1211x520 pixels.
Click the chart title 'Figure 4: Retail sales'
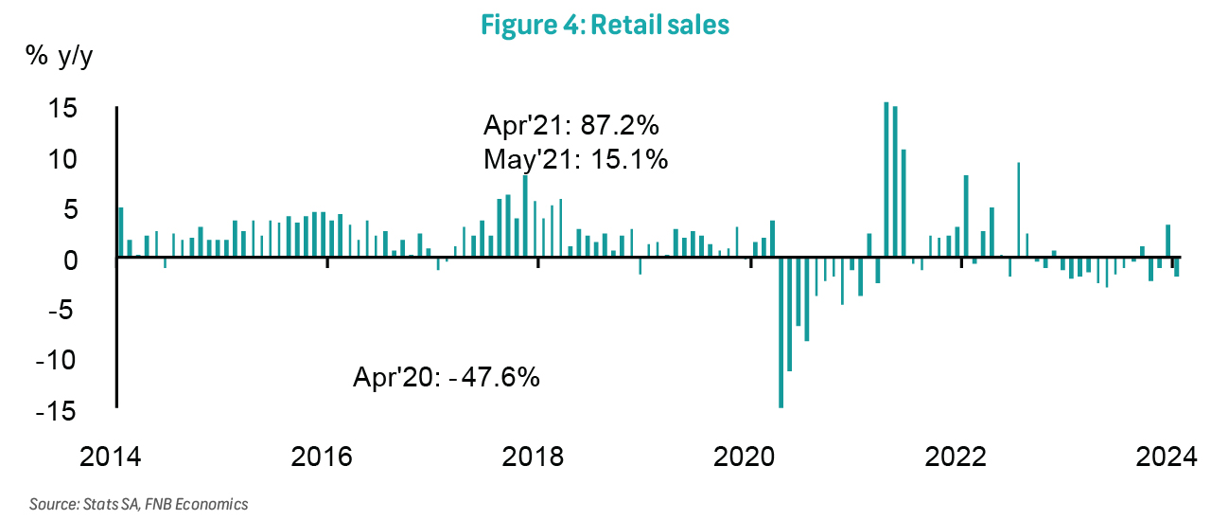605,25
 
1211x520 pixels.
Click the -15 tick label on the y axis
57,411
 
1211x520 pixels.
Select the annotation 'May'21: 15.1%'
576,159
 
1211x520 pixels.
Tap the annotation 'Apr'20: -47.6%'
446,377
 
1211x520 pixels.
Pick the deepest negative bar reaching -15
781,332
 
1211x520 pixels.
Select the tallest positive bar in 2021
886,180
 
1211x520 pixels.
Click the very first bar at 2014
121,233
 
